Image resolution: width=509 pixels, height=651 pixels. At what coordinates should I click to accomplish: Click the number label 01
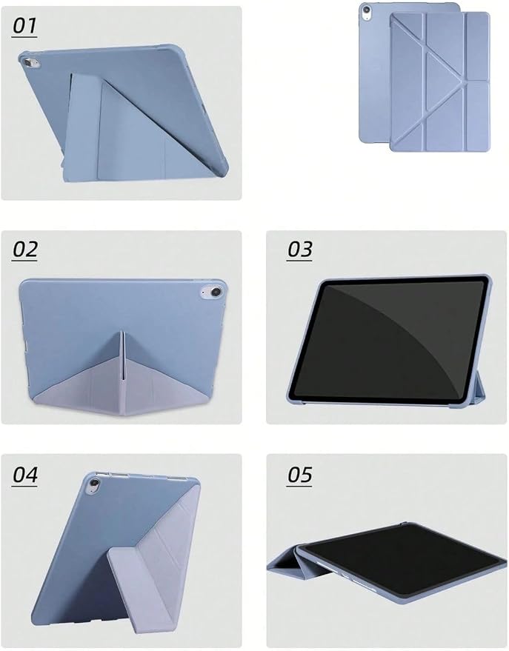pyautogui.click(x=24, y=26)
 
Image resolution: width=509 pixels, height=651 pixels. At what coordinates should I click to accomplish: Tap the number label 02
pyautogui.click(x=25, y=249)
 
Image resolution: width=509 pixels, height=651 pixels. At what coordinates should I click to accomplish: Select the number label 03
pyautogui.click(x=299, y=249)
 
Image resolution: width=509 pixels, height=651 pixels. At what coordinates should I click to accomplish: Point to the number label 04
pyautogui.click(x=25, y=475)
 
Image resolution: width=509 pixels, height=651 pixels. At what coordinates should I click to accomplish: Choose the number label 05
pyautogui.click(x=299, y=475)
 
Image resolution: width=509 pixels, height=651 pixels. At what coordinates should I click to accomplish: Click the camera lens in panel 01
pyautogui.click(x=28, y=63)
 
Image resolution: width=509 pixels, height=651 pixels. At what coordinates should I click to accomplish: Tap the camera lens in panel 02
pyautogui.click(x=215, y=292)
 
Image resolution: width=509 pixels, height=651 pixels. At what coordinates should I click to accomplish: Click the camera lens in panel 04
pyautogui.click(x=95, y=483)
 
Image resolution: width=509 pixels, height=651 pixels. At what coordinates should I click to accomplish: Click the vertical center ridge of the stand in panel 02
pyautogui.click(x=123, y=355)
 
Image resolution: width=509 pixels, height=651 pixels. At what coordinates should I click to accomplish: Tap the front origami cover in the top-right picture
pyautogui.click(x=440, y=81)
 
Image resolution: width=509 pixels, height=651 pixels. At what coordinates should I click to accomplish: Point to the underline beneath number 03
pyautogui.click(x=299, y=260)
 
